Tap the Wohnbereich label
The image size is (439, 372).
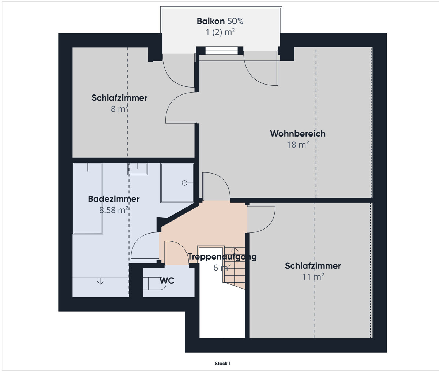[297, 134]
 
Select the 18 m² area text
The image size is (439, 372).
[297, 145]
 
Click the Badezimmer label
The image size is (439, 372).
[113, 199]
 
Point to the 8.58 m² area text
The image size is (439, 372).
[113, 210]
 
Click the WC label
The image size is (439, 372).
[167, 281]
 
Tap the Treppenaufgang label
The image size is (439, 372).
[222, 257]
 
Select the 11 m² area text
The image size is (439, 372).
[313, 277]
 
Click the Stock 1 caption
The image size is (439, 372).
[222, 364]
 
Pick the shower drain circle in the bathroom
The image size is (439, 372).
[185, 183]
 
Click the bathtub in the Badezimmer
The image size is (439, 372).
[88, 198]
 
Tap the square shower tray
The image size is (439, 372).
[177, 183]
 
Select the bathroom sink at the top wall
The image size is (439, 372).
[138, 169]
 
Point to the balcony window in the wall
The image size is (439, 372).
[221, 51]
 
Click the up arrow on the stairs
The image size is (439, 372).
[235, 250]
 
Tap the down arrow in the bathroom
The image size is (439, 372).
[101, 282]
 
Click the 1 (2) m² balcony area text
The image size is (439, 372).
[220, 32]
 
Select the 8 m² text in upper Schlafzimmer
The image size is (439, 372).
[119, 109]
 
